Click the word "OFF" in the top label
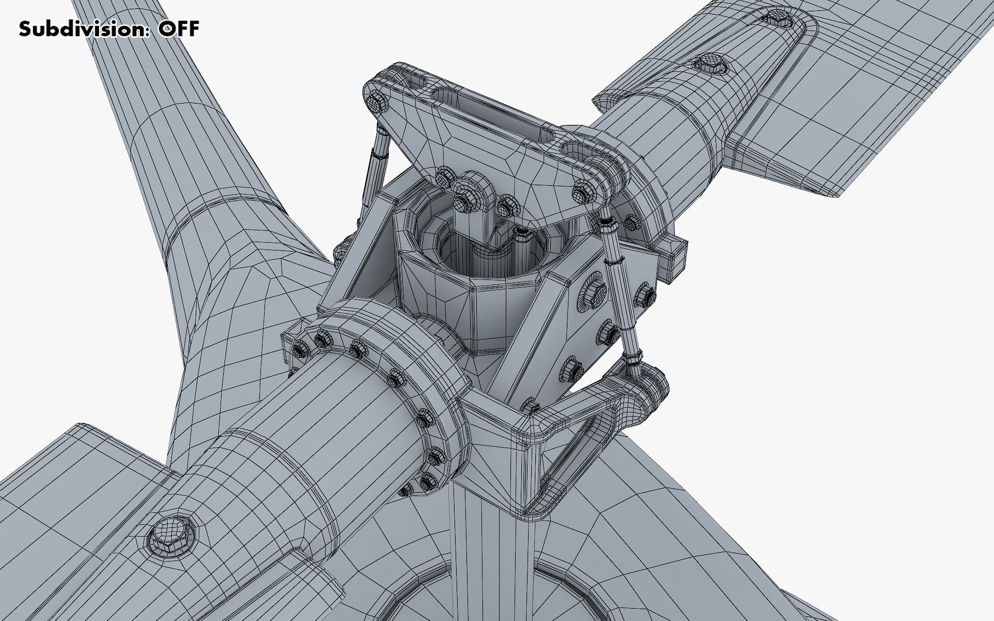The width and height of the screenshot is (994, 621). coord(179,29)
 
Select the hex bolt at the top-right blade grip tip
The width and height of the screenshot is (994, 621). coord(778,17)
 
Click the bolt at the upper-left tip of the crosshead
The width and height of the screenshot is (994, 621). coord(376,102)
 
